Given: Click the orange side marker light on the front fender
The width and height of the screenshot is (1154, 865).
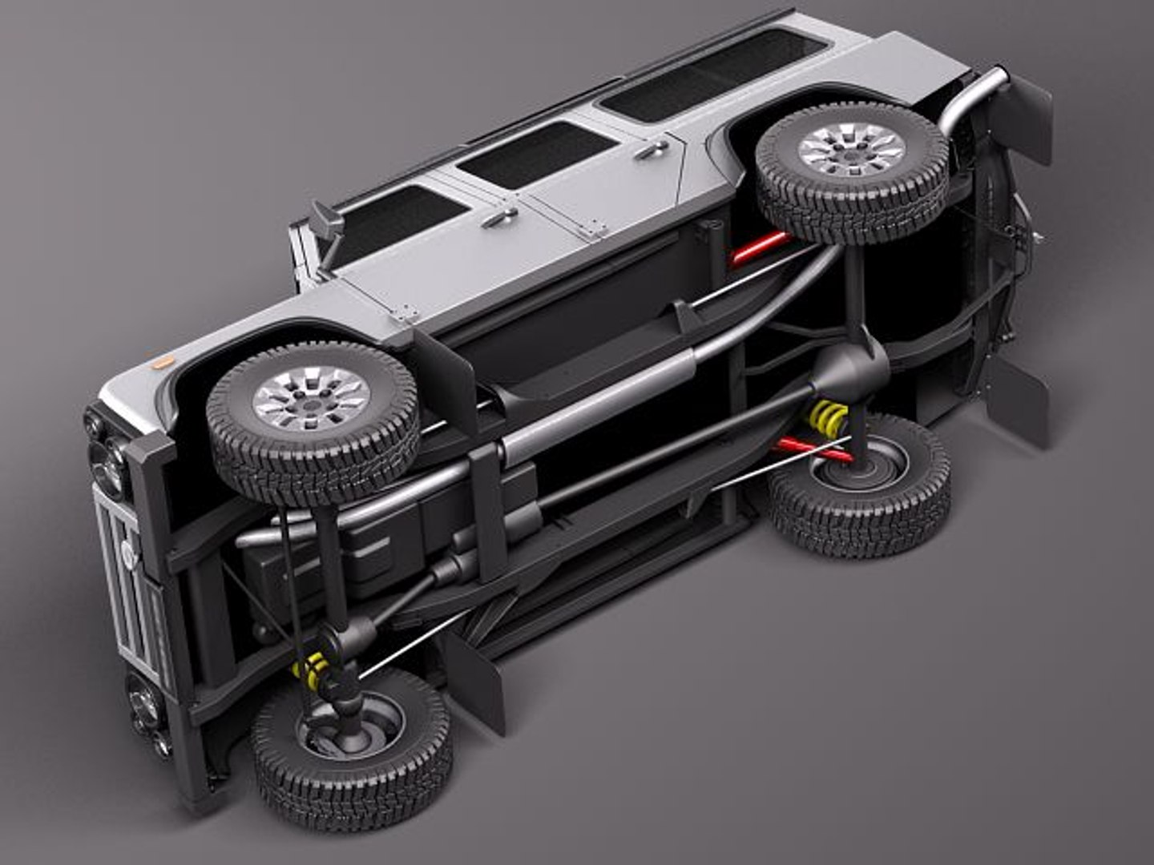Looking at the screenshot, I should (x=163, y=362).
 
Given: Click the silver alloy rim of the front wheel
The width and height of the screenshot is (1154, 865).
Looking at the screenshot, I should (x=311, y=398).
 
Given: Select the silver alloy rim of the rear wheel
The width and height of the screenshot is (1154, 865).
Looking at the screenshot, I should (x=852, y=151).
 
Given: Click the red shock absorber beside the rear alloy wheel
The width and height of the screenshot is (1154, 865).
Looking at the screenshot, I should (x=757, y=247).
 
